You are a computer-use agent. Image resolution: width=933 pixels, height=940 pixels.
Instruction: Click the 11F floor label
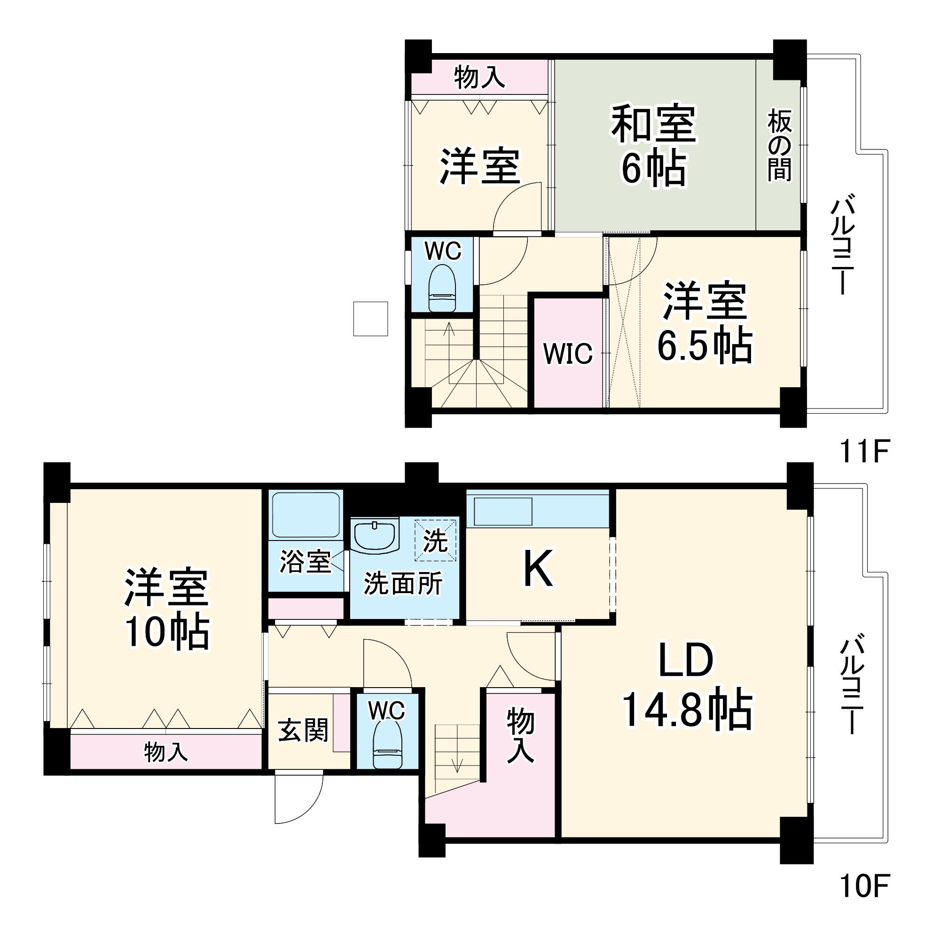coord(864,452)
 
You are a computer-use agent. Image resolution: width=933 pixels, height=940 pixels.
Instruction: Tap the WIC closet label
coord(568,353)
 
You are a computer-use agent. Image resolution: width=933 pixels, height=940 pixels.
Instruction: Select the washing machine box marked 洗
coord(435,540)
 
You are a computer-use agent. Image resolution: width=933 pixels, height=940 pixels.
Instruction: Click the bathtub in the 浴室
coord(306,515)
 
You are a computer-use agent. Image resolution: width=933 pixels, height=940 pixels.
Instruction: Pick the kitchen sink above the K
coord(502,511)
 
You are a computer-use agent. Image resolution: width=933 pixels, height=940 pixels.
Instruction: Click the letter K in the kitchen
coord(538,568)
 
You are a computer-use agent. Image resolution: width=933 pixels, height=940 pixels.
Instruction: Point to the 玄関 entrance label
coord(303,731)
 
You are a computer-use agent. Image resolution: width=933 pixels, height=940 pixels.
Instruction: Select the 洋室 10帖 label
coord(167,609)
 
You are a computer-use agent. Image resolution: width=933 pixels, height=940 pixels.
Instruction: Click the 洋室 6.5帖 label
coord(705,322)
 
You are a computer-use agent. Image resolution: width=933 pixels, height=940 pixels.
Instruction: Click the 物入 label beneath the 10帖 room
coord(165,752)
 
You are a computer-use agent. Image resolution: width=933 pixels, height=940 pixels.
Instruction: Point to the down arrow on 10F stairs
coord(457,765)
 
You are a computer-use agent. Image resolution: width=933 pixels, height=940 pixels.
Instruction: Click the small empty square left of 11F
coord(370,319)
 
